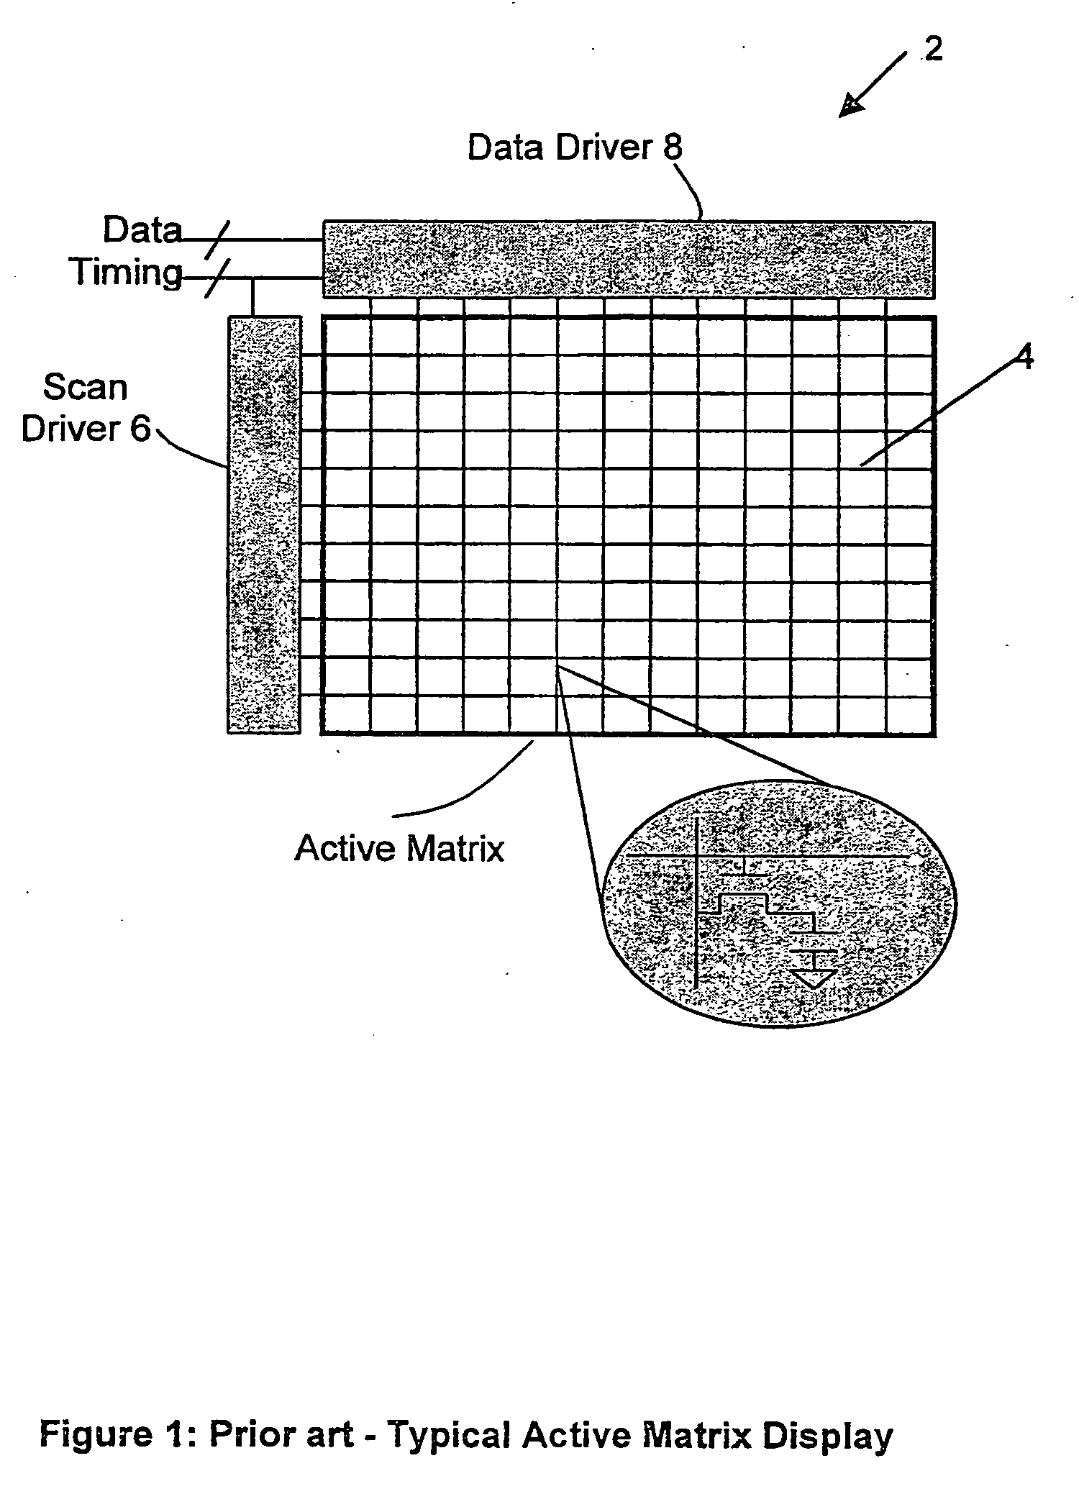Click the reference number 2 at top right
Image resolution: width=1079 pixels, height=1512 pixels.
(933, 49)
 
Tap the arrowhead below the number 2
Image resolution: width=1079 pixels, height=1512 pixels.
(853, 106)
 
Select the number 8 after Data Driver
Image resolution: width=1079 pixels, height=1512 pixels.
(672, 147)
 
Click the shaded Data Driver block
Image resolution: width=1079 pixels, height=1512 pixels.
(629, 260)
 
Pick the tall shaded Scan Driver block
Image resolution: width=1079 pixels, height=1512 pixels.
(264, 524)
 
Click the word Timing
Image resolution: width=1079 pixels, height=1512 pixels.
(127, 273)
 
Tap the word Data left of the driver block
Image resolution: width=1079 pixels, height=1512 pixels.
(142, 231)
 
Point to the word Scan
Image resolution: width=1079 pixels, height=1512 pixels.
(85, 388)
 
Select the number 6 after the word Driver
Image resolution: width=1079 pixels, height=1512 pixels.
(142, 429)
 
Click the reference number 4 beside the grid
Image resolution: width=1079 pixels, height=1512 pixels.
(1025, 357)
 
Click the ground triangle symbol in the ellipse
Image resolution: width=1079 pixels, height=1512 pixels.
(814, 978)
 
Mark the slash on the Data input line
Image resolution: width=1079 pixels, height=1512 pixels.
(216, 240)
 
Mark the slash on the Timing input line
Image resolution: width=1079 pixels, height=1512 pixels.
(216, 279)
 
